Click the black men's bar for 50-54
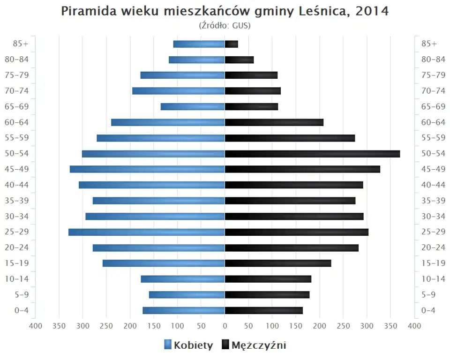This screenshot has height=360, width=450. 312,154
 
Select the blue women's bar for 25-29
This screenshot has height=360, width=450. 147,232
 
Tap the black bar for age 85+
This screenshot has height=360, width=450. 232,44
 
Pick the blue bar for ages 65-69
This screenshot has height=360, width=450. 193,107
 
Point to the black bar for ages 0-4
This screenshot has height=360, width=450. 264,310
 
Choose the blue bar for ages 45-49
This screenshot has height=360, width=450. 147,169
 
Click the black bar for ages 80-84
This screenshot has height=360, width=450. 239,60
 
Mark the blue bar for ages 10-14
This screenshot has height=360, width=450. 183,279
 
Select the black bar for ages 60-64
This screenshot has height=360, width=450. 274,122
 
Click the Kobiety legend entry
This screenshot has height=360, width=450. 188,345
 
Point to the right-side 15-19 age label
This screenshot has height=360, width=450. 433,263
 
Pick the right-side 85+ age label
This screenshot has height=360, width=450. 429,44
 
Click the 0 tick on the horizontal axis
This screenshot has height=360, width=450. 225,326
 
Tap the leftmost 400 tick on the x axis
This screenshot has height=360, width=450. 36,326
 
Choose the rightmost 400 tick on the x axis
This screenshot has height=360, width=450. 414,326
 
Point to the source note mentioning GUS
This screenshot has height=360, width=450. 225,26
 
